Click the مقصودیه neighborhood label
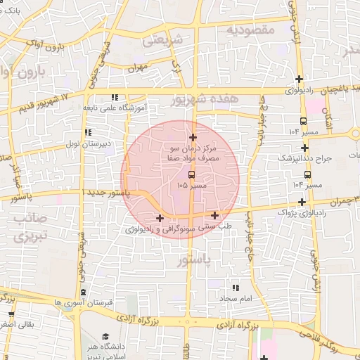(252, 31)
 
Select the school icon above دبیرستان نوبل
(87, 131)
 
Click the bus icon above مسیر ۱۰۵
(192, 174)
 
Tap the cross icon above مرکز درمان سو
(193, 136)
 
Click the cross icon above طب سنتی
(214, 215)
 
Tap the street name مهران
(136, 67)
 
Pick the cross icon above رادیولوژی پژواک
(301, 202)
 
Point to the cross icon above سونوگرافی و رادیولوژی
(160, 218)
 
